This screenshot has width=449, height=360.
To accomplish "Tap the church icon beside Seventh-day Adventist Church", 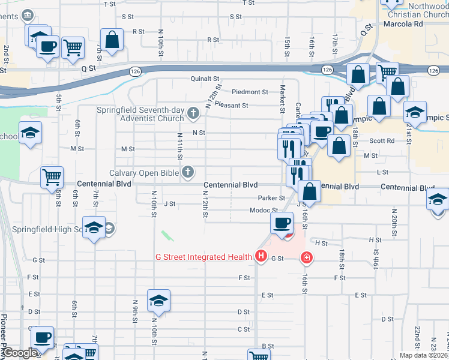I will click(x=193, y=112).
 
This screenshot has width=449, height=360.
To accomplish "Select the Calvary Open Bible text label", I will click(x=144, y=173).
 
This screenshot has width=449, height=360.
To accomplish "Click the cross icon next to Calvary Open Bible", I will click(x=188, y=173).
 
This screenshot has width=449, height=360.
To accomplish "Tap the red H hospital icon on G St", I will click(x=261, y=257).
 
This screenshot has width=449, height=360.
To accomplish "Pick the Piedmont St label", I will click(x=250, y=92).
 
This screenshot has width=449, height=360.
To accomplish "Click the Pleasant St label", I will click(x=231, y=106).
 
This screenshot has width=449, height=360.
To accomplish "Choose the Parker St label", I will click(x=271, y=198).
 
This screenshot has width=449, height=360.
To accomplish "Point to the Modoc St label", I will click(x=264, y=211).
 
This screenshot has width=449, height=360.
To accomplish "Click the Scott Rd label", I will click(x=382, y=141).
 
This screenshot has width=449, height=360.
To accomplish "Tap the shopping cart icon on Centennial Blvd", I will click(x=52, y=176).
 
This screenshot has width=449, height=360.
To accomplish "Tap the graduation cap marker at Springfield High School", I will click(x=94, y=227).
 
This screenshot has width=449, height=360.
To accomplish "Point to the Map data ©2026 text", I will click(x=424, y=355).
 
